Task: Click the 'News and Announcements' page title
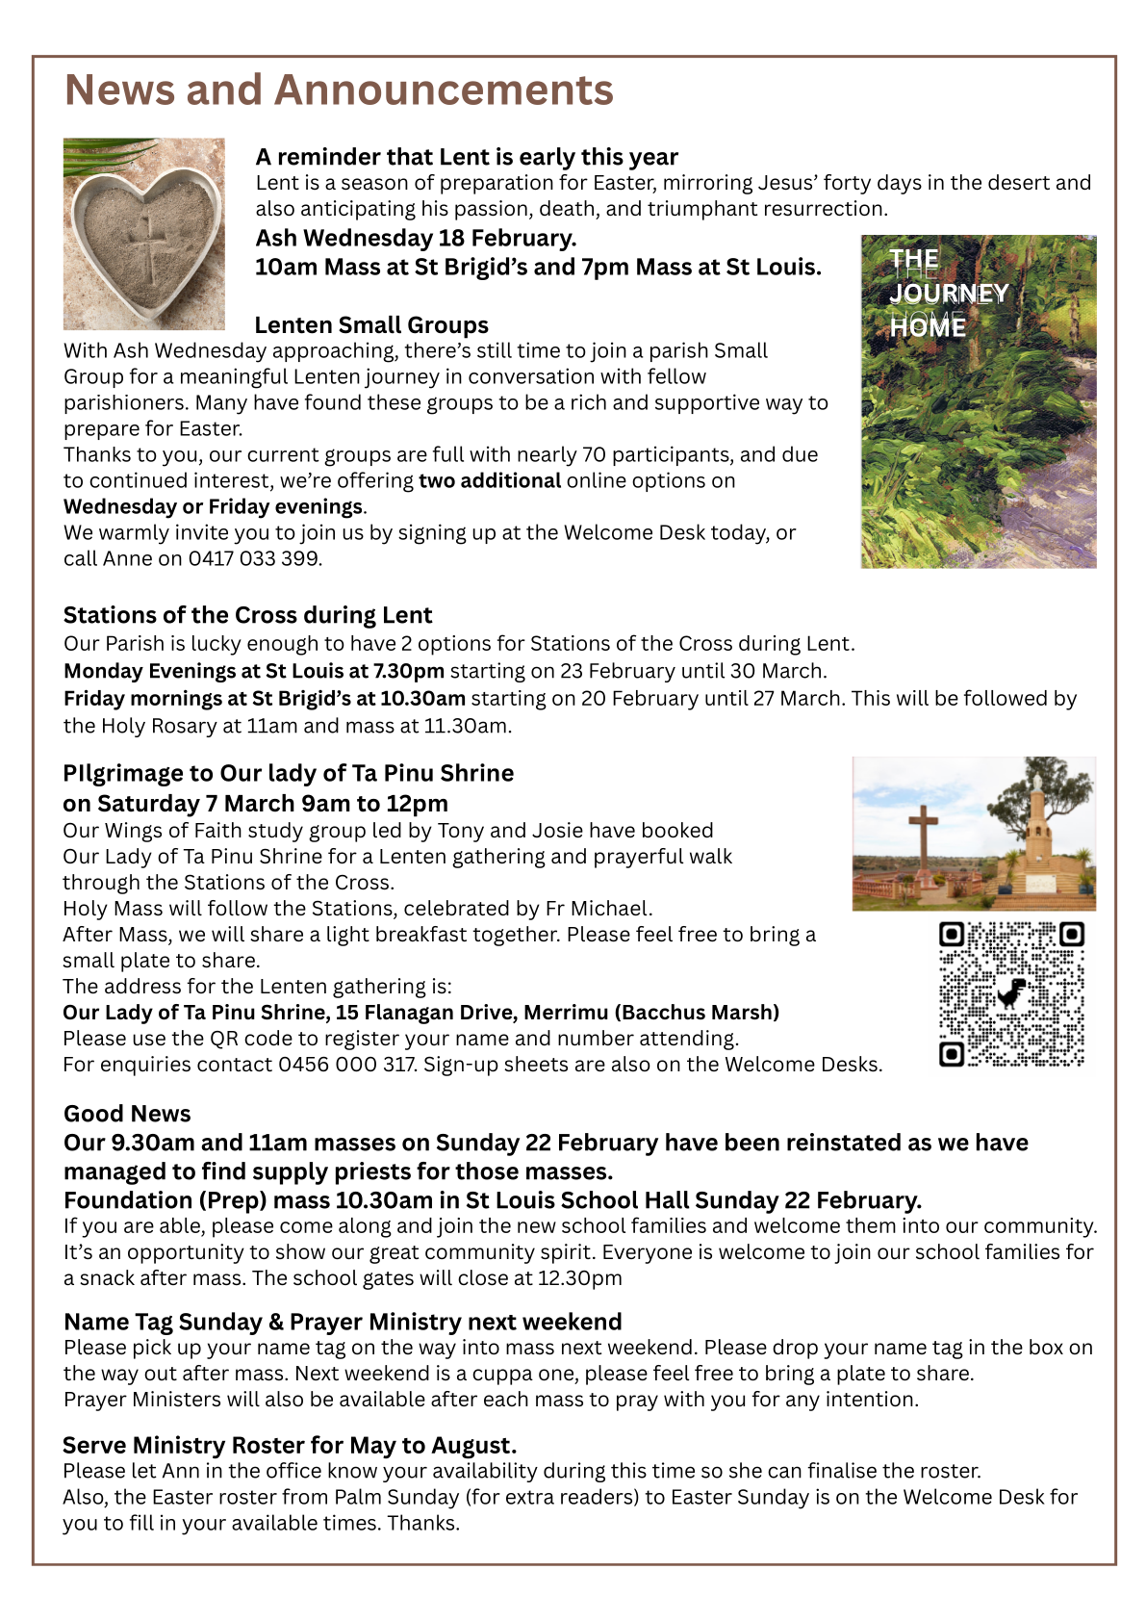tap(339, 90)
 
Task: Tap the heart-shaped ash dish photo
tap(144, 234)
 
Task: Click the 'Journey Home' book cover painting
tap(978, 401)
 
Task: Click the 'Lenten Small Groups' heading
tap(371, 325)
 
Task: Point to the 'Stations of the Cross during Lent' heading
tap(247, 615)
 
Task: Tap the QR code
tap(1011, 994)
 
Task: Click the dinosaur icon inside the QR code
tap(1011, 994)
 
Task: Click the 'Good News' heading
tap(127, 1114)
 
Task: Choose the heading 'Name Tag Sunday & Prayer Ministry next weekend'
tap(343, 1322)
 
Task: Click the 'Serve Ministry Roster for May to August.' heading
tap(290, 1445)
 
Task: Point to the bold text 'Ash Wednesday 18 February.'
tap(416, 238)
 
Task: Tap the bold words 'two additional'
tap(489, 480)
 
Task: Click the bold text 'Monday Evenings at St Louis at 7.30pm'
tap(254, 671)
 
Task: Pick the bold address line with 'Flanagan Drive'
tap(420, 1013)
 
